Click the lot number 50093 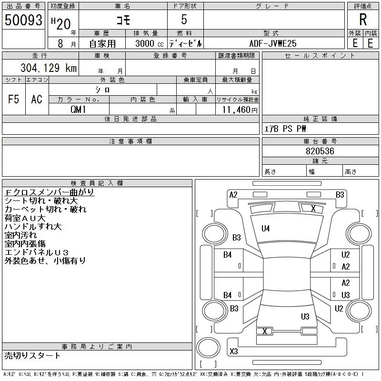click(23, 20)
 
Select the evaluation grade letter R click(363, 20)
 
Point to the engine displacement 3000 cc click(146, 43)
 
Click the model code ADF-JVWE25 click(273, 43)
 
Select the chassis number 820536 click(320, 151)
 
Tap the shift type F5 click(13, 100)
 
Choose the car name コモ click(123, 20)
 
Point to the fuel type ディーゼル click(185, 43)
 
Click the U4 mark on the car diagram click(266, 229)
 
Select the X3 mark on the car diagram click(233, 351)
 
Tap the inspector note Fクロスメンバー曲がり click(49, 192)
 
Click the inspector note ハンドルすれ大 click(33, 227)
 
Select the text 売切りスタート click(32, 355)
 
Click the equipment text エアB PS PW click(286, 129)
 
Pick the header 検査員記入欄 click(97, 183)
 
